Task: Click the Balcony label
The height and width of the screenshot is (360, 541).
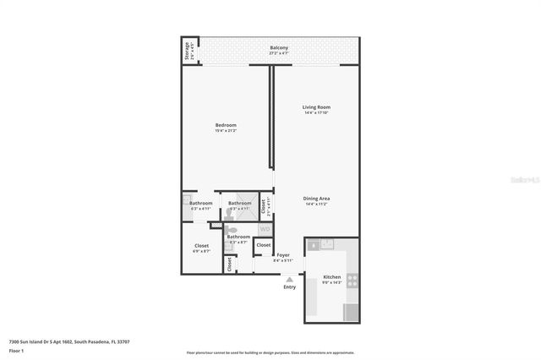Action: point(279,47)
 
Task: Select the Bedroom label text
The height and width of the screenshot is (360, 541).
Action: point(226,125)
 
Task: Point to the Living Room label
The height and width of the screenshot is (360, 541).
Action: point(316,107)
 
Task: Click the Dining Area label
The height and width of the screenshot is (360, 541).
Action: point(316,199)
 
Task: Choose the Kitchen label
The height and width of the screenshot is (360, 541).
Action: point(331,276)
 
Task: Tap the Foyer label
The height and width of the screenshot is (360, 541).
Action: point(282,254)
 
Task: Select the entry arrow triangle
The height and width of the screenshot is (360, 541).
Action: point(290,279)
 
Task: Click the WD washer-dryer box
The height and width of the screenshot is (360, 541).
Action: point(265,229)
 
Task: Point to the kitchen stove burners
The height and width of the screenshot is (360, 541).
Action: point(352,281)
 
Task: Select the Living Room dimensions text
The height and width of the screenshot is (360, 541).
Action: point(316,113)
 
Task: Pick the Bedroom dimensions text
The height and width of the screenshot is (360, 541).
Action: point(226,131)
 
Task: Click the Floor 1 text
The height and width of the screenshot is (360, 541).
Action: point(16,350)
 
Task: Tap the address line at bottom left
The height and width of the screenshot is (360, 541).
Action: point(68,341)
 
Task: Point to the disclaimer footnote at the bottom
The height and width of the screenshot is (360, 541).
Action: point(270,352)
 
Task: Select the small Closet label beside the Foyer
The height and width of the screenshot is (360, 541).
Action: point(263,244)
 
